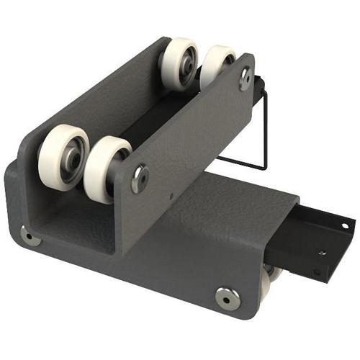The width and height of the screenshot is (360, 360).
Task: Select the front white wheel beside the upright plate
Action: pos(105,168)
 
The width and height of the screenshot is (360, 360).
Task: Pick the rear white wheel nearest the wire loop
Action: pos(215,67)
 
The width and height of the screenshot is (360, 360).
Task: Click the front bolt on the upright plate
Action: pos(140,176)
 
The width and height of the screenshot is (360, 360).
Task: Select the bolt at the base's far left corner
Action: pos(30,235)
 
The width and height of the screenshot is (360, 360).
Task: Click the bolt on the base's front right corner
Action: pos(228,297)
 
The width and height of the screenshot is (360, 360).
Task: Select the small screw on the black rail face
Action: pos(322,253)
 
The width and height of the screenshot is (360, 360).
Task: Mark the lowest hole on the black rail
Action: pos(316,273)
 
